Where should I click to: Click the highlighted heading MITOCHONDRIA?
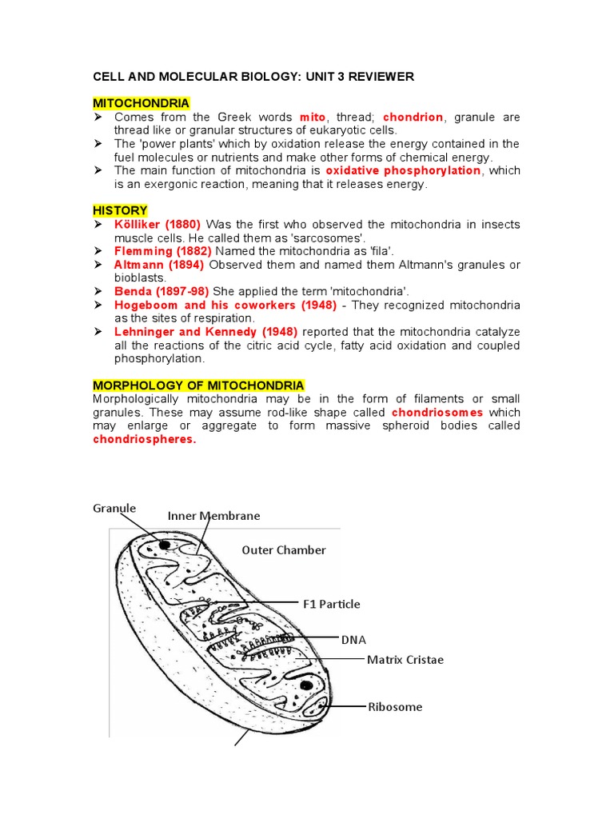(x=142, y=103)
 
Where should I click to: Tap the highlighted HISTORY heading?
(x=120, y=210)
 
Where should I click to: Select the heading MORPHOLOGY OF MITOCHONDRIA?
(x=198, y=386)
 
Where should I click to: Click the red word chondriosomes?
(x=437, y=413)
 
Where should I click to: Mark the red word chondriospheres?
(x=145, y=440)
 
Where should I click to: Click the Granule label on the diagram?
(x=114, y=508)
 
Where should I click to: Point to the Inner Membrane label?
(x=213, y=516)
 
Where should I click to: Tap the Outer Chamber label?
(x=284, y=550)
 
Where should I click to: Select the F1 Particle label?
(x=331, y=604)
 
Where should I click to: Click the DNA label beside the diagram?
(x=354, y=641)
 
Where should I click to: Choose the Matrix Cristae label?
(x=405, y=660)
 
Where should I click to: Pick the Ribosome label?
(x=395, y=706)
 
